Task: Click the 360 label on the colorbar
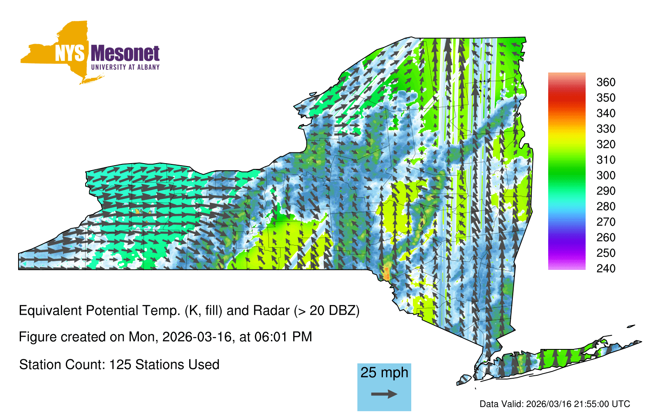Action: [x=606, y=82]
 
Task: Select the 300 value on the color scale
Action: [x=606, y=176]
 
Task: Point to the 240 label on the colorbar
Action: [x=606, y=268]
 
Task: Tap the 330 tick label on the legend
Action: [x=606, y=129]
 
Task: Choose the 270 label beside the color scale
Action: [x=606, y=222]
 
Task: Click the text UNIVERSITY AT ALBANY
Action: [x=125, y=67]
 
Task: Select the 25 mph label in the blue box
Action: [x=384, y=373]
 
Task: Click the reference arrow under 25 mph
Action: [x=384, y=394]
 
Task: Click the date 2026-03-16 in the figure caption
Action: [x=197, y=337]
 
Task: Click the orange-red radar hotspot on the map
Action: [x=387, y=274]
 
